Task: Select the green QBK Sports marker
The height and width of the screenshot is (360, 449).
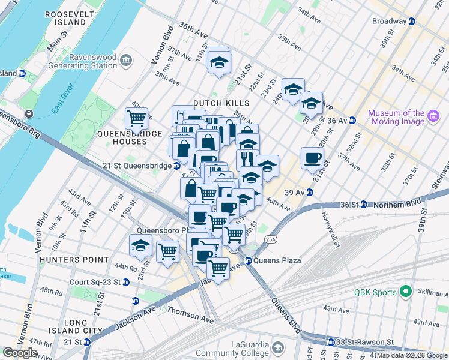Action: pos(405,292)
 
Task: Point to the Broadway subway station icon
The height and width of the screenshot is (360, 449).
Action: pos(412,21)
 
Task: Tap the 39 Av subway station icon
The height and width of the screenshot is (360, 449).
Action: pos(310,192)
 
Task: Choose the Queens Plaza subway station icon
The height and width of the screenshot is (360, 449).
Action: pos(247,260)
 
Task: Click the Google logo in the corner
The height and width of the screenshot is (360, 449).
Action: pos(20,353)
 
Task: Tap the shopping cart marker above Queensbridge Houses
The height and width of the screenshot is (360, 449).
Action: pos(137,119)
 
